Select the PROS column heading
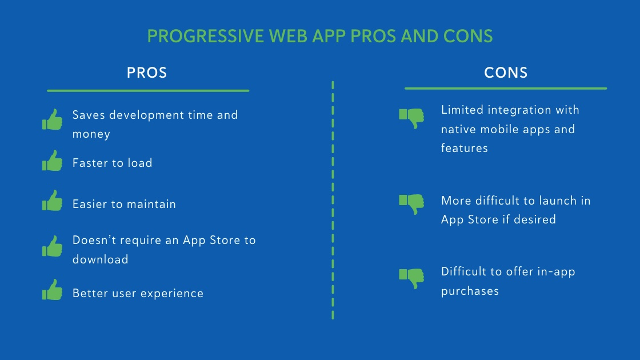147,73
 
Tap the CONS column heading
506,73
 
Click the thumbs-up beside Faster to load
53,161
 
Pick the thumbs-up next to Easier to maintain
53,202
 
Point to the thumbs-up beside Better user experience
53,291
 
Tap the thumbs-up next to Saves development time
53,120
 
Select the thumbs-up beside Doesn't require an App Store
53,247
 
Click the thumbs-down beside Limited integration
411,118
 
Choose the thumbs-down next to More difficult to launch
411,204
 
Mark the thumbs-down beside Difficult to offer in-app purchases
411,278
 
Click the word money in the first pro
91,134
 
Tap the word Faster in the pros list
90,163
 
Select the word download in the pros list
100,259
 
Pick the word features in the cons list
464,148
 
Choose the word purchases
470,291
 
